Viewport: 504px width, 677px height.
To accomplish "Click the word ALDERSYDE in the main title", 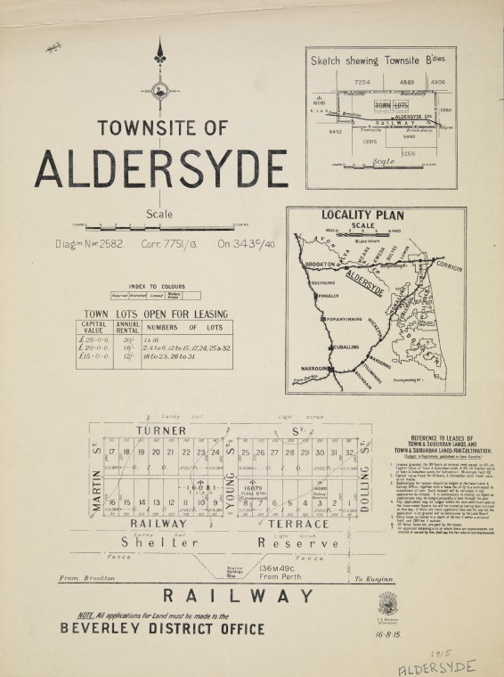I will pyautogui.click(x=161, y=167).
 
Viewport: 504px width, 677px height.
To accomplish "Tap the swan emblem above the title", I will pyautogui.click(x=160, y=90).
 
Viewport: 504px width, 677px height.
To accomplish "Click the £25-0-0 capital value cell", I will pyautogui.click(x=93, y=339).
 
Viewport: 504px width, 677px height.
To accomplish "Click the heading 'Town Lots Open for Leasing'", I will pyautogui.click(x=156, y=314).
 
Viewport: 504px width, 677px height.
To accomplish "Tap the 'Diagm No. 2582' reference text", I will pyautogui.click(x=90, y=242).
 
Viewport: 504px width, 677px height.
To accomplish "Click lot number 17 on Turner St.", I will pyautogui.click(x=112, y=453).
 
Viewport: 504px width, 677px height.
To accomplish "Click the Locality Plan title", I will pyautogui.click(x=363, y=215).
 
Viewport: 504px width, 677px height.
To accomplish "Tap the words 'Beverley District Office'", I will pyautogui.click(x=162, y=629).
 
